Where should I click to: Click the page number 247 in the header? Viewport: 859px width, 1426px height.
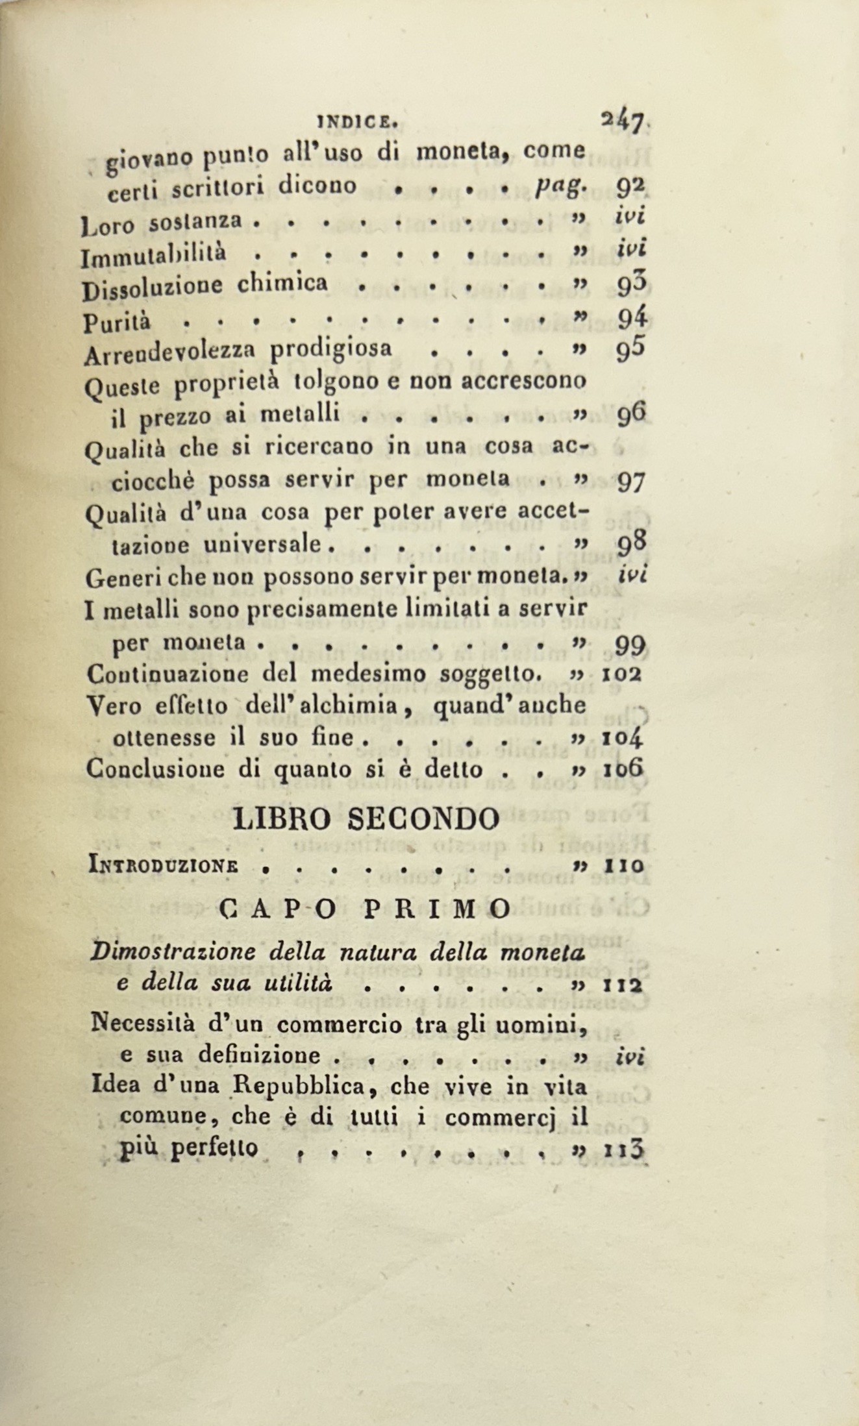click(x=622, y=122)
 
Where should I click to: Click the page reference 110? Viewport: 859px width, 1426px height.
click(x=623, y=865)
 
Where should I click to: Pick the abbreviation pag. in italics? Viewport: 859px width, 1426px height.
click(x=562, y=186)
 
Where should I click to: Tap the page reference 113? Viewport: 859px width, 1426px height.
click(x=623, y=1149)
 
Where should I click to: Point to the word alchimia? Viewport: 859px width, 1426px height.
click(x=360, y=706)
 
